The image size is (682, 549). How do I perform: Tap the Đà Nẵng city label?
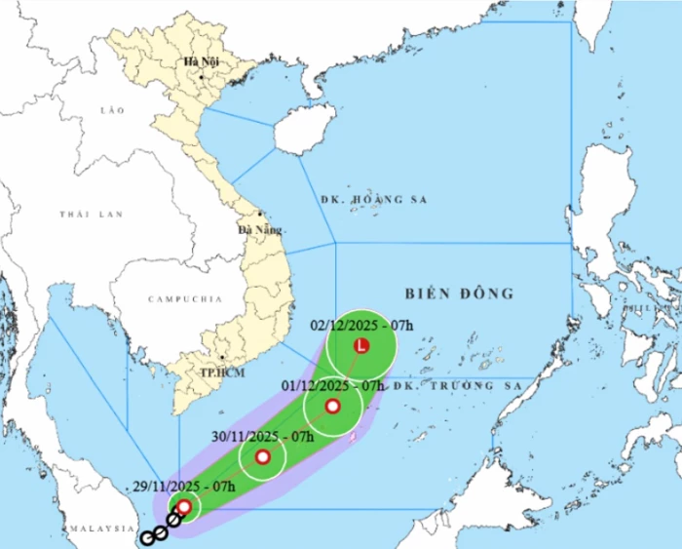click(260, 230)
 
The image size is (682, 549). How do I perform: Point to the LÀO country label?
click(113, 111)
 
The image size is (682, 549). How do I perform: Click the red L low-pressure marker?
click(362, 346)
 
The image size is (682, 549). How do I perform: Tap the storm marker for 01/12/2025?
click(332, 407)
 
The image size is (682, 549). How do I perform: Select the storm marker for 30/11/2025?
click(262, 456)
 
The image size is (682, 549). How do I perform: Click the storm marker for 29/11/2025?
click(183, 506)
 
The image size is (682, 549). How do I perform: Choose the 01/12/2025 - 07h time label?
click(331, 386)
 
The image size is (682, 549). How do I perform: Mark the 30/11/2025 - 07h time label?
click(263, 436)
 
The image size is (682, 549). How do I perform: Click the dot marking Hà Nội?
click(201, 76)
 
